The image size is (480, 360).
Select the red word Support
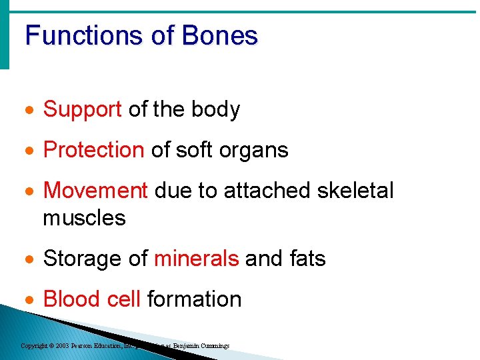point(82,110)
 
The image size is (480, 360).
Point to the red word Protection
point(93,151)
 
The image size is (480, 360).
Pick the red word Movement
point(95,191)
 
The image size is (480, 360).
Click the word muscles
point(84,217)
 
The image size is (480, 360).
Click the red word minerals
point(196,259)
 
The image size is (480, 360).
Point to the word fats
point(304,259)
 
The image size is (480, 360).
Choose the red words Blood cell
point(92,299)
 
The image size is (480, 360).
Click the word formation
point(194,299)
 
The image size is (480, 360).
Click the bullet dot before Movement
point(29,191)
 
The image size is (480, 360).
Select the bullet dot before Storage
point(29,259)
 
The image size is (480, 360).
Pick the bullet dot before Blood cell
point(29,300)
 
